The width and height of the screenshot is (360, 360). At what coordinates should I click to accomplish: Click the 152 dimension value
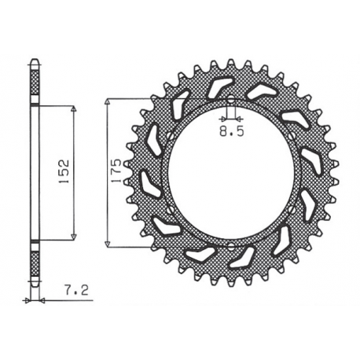pos(64,171)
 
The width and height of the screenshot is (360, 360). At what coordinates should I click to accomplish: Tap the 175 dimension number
pos(115,171)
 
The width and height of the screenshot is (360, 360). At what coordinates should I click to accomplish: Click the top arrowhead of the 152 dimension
pos(73,110)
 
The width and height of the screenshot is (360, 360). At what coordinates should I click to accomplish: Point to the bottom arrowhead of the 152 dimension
pos(73,235)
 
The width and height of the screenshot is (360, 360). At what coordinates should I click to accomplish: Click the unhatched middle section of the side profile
pos(34,171)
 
